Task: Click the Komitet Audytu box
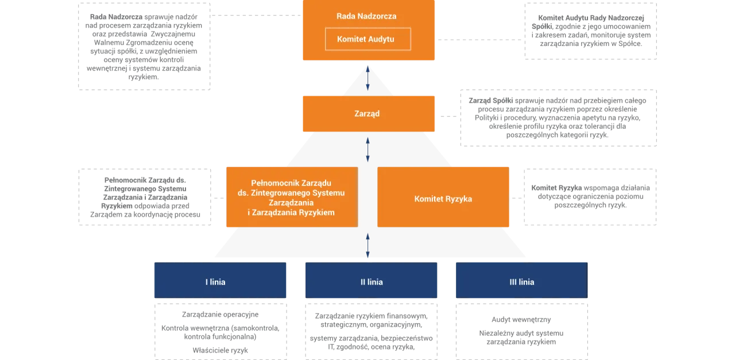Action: tap(367, 39)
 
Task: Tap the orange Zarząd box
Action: tap(367, 114)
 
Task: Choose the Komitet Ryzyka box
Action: tap(443, 199)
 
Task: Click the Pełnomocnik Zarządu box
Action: tap(292, 197)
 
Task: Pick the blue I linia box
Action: tap(220, 281)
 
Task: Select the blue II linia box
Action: tap(372, 281)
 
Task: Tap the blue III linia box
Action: tap(521, 281)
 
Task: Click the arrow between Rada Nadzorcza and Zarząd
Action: tap(368, 78)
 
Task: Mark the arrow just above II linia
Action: tap(368, 245)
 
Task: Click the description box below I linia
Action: tap(220, 331)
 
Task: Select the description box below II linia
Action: tap(372, 331)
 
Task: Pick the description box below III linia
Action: tap(521, 331)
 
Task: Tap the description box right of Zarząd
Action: tap(558, 117)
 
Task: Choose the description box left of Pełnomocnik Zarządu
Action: tap(145, 198)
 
